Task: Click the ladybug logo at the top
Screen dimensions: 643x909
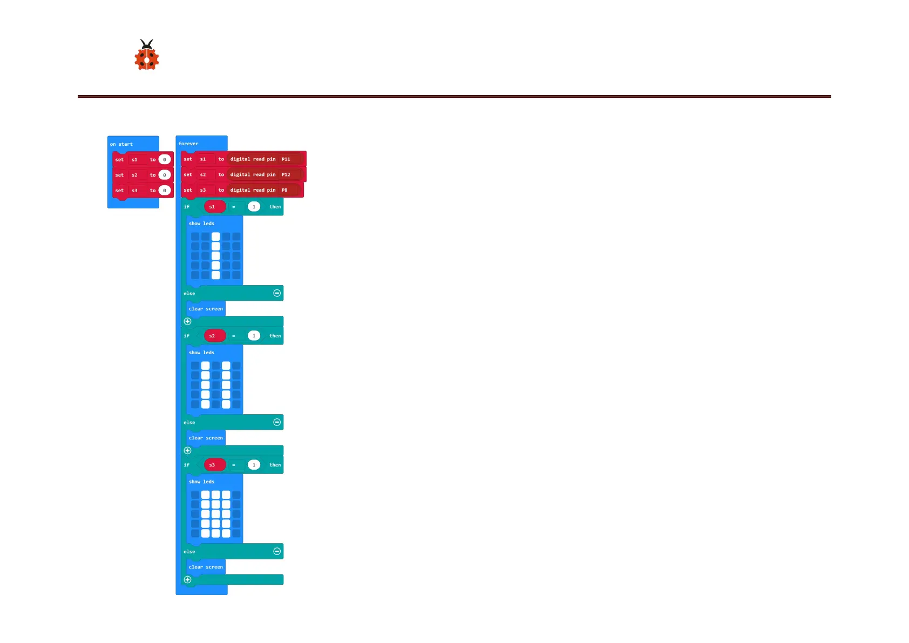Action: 146,56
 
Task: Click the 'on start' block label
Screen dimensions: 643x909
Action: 121,144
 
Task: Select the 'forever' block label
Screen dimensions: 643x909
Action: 188,144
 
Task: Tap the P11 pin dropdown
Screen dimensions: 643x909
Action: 286,159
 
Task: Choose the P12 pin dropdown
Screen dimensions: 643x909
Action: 286,174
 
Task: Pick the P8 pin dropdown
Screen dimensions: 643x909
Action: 284,190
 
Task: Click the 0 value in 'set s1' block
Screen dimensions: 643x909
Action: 165,160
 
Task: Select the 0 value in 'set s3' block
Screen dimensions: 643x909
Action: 165,191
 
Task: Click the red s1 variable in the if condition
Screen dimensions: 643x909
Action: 212,207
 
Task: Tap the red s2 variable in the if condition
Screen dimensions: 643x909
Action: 212,336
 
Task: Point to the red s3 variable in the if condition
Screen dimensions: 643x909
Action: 212,465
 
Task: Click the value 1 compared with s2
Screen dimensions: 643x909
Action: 254,336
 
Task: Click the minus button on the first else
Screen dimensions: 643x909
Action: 277,293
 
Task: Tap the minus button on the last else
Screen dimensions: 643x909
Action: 277,551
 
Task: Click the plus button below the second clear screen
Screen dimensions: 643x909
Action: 188,450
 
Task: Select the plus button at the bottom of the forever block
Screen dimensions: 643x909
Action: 188,579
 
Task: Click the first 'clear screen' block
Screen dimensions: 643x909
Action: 206,309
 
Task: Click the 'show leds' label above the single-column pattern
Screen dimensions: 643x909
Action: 201,224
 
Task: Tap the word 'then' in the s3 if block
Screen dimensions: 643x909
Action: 275,465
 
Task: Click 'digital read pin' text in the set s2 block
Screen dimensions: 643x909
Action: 253,174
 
